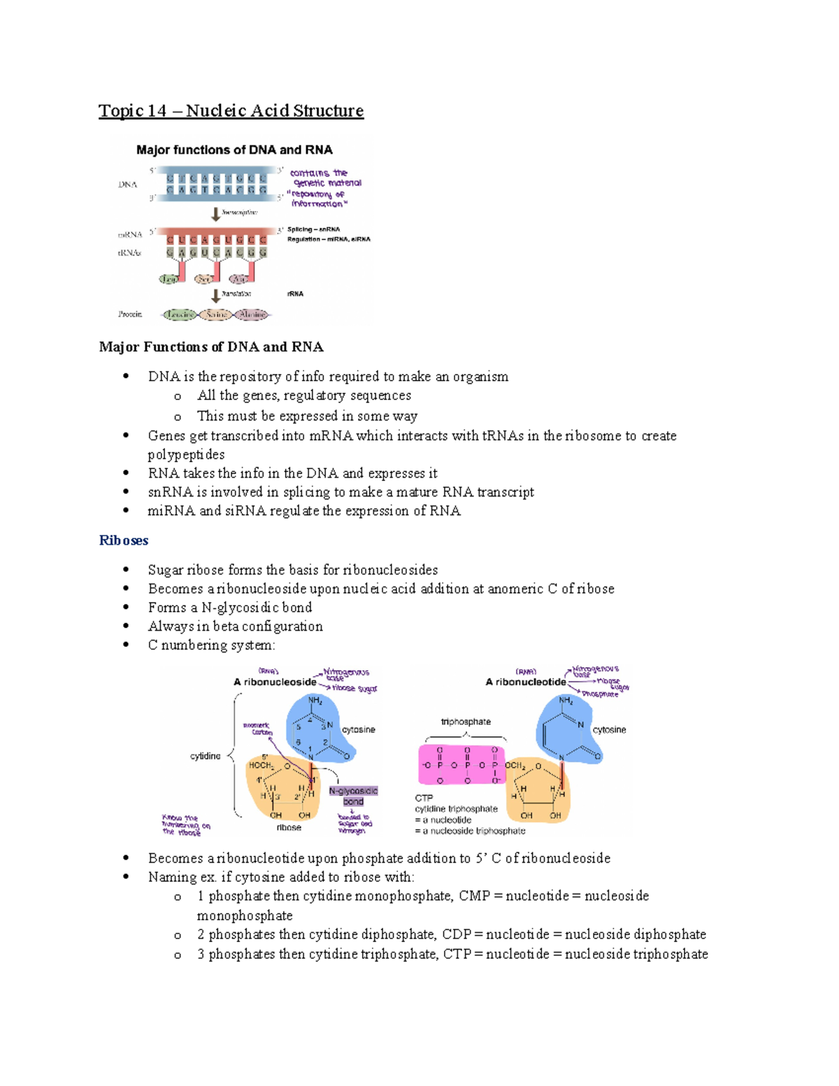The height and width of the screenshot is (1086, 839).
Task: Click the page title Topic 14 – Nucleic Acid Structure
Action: [231, 110]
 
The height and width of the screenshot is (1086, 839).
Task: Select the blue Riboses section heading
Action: [124, 541]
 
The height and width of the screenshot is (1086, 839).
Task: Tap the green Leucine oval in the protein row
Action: [179, 315]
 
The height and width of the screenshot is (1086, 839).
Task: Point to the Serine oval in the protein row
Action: [216, 315]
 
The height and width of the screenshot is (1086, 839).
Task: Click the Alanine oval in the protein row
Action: [252, 315]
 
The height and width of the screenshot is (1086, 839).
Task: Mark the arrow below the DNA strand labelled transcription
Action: [216, 213]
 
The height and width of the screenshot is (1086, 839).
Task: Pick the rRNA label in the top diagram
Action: [295, 294]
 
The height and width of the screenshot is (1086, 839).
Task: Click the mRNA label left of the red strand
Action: [130, 234]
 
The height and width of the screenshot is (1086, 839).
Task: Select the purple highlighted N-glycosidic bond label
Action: [353, 796]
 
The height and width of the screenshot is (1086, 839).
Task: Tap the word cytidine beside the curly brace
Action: [205, 756]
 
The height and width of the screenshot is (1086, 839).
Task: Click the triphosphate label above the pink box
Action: [466, 722]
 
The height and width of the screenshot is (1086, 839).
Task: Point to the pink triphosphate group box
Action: [461, 765]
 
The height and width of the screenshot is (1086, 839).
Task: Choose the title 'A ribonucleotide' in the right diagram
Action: [526, 682]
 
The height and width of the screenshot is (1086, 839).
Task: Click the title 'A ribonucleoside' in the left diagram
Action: [275, 682]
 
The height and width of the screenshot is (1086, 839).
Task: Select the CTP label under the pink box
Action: [424, 798]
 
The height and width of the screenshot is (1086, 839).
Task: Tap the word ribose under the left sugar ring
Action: [289, 827]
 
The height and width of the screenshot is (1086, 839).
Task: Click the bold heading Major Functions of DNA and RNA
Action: [211, 347]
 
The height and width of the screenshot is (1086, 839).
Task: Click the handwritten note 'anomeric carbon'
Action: [257, 729]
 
